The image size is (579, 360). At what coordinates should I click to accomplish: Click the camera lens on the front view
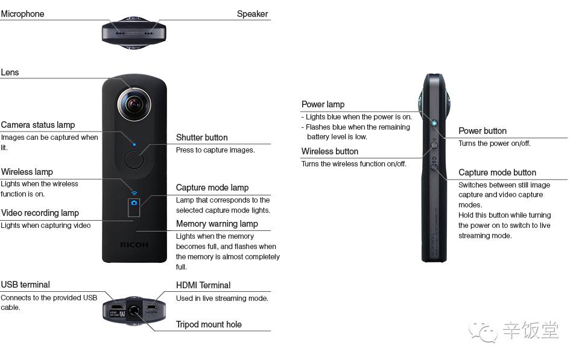click(x=134, y=104)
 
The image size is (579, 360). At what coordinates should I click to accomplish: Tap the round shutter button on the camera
click(x=134, y=160)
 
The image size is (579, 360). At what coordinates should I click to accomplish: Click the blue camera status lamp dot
click(x=134, y=144)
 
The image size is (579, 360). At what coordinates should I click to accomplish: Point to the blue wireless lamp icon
click(x=134, y=193)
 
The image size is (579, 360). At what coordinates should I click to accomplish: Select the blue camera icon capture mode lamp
click(x=134, y=203)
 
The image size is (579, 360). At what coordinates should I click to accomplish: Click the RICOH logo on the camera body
click(x=134, y=245)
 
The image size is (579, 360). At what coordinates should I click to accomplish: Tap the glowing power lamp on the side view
click(x=434, y=123)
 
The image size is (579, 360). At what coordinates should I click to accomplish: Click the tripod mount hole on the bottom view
click(x=134, y=309)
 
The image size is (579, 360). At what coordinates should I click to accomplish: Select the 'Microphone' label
click(x=22, y=14)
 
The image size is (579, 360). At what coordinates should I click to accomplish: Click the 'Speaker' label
click(x=252, y=14)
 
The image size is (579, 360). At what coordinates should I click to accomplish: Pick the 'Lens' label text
click(x=10, y=72)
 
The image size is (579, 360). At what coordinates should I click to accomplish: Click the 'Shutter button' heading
click(x=201, y=137)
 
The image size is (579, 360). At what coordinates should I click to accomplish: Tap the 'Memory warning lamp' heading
click(x=217, y=224)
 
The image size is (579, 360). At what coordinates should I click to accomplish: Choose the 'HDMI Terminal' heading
click(x=203, y=285)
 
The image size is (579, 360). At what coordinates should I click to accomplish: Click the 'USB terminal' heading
click(x=25, y=285)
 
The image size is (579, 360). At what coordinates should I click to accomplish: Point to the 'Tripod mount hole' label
click(x=209, y=324)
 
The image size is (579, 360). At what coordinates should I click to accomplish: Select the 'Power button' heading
click(x=482, y=131)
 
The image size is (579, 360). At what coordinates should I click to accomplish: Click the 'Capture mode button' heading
click(x=497, y=172)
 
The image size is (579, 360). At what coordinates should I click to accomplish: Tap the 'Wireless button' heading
click(x=330, y=151)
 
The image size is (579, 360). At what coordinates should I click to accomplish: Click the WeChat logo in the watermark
click(x=483, y=332)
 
